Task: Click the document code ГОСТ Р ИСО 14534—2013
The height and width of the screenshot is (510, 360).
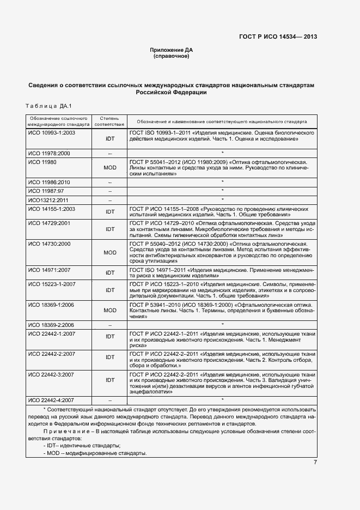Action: [x=278, y=37]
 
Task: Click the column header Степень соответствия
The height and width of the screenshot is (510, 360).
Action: [x=110, y=121]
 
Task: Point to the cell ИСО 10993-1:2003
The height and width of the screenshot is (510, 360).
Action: [x=52, y=132]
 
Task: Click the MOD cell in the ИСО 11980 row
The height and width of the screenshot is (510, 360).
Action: [x=110, y=167]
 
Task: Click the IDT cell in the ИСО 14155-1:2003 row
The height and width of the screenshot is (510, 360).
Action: [x=110, y=211]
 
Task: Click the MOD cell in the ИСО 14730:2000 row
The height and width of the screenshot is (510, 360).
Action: [x=110, y=252]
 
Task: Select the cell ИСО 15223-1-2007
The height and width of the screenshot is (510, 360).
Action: [x=51, y=284]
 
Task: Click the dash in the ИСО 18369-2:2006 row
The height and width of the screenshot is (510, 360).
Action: [x=110, y=325]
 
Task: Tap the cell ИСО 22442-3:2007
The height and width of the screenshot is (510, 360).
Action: [x=51, y=374]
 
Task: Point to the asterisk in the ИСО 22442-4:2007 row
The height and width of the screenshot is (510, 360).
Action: [x=222, y=400]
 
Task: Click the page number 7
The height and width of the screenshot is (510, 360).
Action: [x=315, y=463]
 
